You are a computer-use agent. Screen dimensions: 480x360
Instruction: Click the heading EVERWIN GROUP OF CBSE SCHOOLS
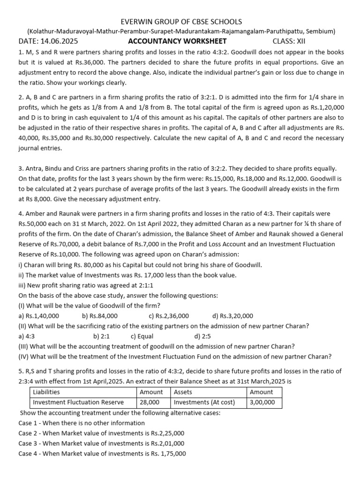click(x=181, y=22)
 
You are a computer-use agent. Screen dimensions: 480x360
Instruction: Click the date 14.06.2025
click(x=60, y=41)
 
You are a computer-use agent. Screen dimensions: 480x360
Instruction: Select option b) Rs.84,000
click(x=99, y=316)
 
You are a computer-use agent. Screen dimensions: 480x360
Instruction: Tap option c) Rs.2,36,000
click(x=169, y=316)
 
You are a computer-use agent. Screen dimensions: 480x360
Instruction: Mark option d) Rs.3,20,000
click(x=232, y=316)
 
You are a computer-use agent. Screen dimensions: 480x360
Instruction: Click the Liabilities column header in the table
click(x=46, y=392)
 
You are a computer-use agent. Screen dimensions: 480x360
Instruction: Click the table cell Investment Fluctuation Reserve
click(x=78, y=402)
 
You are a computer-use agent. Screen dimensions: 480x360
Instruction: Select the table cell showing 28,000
click(x=150, y=402)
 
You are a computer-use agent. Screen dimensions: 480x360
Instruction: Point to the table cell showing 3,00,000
click(x=262, y=402)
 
